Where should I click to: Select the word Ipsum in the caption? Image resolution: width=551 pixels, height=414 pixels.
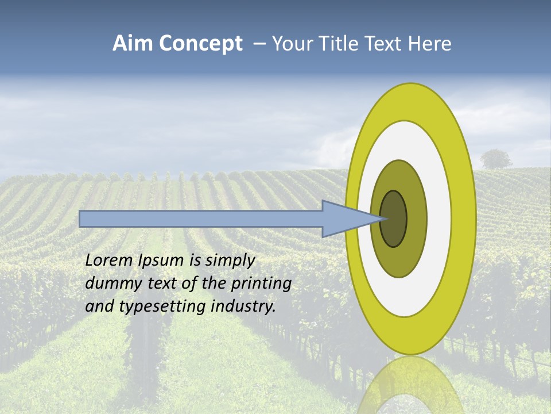[x=161, y=260]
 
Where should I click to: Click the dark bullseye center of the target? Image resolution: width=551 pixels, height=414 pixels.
[x=394, y=219]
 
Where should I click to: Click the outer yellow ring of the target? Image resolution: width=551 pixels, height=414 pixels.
[x=464, y=218]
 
